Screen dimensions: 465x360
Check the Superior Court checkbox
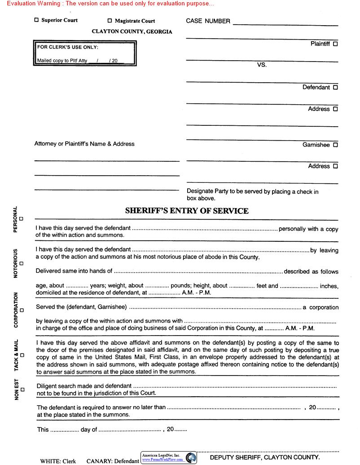pos(36,20)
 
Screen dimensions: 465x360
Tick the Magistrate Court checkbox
pos(110,21)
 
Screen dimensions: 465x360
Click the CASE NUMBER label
pos(208,21)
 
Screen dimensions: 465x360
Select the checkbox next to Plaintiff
pos(336,44)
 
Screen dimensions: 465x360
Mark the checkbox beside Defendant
pos(336,88)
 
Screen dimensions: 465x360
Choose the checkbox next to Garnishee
pos(336,145)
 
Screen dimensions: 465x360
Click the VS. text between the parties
pos(262,65)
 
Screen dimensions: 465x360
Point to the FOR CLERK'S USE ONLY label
pos(67,47)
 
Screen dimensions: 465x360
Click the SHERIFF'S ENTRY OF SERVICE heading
pos(187,211)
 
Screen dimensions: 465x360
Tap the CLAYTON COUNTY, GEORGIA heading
pos(132,32)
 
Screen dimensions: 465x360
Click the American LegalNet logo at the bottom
pos(169,457)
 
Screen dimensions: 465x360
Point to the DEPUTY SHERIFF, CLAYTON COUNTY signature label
pos(265,457)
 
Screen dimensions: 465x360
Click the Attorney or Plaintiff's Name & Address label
pos(84,144)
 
